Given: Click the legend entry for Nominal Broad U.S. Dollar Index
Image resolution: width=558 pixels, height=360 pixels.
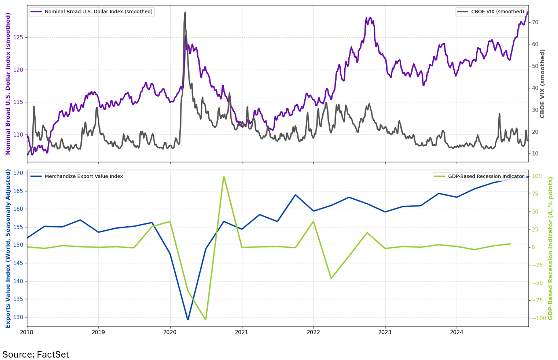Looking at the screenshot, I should click(98, 12).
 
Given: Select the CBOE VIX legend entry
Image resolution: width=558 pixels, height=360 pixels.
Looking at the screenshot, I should click(497, 12).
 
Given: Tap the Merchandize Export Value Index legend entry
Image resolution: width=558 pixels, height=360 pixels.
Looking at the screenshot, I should click(84, 177).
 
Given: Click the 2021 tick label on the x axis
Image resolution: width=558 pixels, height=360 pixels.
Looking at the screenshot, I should click(242, 332).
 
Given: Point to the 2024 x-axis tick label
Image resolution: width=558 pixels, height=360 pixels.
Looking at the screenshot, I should click(457, 332).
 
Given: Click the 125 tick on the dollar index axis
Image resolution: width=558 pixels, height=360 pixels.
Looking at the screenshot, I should click(19, 38).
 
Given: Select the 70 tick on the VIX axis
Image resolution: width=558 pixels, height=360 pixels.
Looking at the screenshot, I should click(535, 23).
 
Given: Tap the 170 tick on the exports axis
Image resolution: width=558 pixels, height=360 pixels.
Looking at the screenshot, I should click(18, 173).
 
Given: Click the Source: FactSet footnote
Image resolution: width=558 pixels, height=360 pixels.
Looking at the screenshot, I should click(36, 354).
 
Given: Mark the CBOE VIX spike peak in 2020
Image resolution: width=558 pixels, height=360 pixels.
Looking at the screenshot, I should click(185, 13).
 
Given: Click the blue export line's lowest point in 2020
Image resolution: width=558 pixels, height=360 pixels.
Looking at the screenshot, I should click(188, 319).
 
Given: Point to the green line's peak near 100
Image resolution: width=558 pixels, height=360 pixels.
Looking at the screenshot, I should click(224, 177).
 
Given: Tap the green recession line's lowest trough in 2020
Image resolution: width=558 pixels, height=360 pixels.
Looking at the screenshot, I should click(206, 319).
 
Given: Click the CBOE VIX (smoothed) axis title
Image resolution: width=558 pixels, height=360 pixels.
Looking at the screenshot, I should click(543, 84).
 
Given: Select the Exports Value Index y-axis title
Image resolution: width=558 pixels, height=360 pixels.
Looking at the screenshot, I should click(8, 248).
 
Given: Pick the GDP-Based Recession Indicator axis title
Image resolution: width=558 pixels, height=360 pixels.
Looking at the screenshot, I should click(550, 248).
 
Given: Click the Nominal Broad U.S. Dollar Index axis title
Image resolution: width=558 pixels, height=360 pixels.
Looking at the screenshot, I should click(8, 84).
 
